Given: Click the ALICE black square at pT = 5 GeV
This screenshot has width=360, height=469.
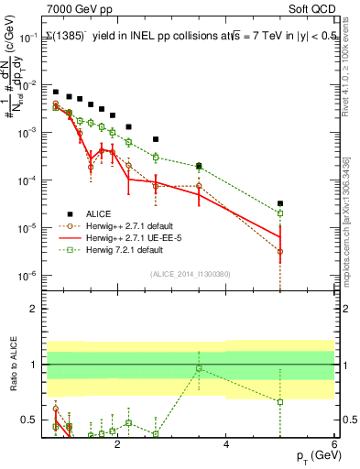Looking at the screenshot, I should [x=280, y=203].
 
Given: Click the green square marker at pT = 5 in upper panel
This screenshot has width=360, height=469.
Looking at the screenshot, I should [x=280, y=213].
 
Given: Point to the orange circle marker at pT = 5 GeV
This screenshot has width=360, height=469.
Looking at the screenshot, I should [x=280, y=251].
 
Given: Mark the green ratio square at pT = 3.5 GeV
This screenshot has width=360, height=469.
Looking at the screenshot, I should [x=199, y=368].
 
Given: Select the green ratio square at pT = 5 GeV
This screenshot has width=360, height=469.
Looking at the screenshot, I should [x=280, y=401].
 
